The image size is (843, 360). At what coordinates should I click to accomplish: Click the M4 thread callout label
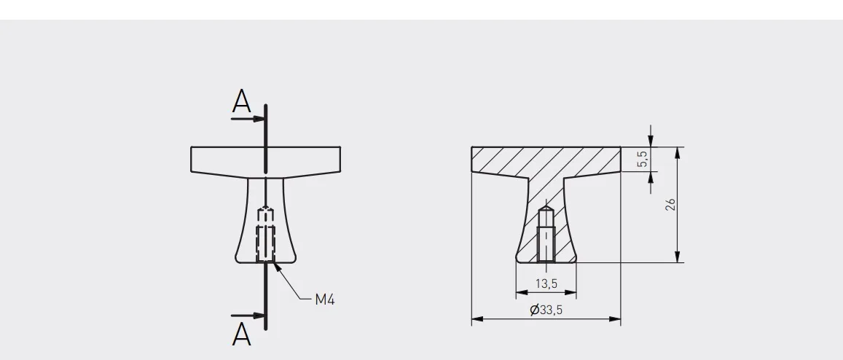(x=325, y=300)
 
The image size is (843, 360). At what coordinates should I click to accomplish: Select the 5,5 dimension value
(x=643, y=159)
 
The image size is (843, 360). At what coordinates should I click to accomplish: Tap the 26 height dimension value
(x=670, y=205)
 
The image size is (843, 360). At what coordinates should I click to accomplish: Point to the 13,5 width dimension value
(x=546, y=283)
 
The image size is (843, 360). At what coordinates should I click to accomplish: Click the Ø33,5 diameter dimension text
(x=546, y=310)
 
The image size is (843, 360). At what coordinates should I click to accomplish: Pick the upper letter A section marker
(x=241, y=101)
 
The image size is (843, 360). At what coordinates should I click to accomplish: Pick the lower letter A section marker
(x=241, y=334)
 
